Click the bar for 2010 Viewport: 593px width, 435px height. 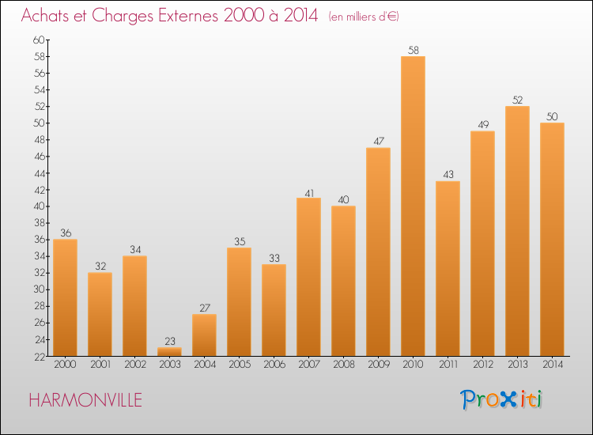coord(413,206)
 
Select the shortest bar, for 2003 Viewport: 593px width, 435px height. coord(169,352)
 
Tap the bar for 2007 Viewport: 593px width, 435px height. coord(308,277)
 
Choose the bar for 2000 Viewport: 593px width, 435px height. coord(65,297)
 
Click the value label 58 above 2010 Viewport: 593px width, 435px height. coord(413,50)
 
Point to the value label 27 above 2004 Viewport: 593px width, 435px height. coord(204,308)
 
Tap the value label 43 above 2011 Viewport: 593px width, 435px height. coord(448,175)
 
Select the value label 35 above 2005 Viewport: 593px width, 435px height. coord(239,241)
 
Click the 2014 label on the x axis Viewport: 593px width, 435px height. coord(552,365)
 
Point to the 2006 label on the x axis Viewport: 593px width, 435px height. coord(274,365)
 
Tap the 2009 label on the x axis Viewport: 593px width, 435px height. coord(378,365)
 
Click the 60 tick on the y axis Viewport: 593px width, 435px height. coord(40,40)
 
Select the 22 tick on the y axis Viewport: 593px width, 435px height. coord(40,357)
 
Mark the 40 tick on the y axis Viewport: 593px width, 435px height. coord(40,206)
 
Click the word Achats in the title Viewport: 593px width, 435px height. coord(47,17)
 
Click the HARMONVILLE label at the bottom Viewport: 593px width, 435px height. coord(85,400)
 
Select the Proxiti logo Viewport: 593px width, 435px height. coord(502,399)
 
